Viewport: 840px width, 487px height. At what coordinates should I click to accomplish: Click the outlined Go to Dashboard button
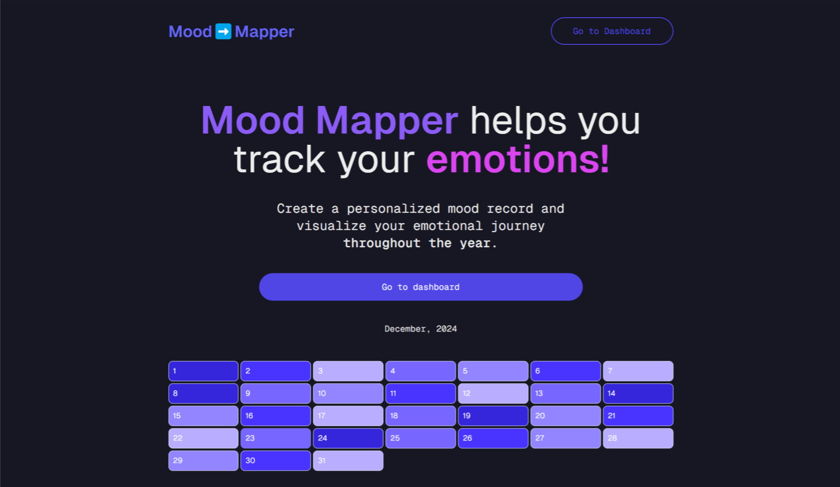611,31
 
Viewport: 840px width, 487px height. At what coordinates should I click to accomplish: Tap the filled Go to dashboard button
420,287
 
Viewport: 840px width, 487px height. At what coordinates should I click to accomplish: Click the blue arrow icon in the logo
223,31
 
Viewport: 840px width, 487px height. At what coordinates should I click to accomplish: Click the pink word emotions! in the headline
518,160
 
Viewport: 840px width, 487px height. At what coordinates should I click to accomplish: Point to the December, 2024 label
420,329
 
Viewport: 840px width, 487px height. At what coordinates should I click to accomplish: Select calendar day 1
203,371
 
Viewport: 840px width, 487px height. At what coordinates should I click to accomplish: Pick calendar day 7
638,371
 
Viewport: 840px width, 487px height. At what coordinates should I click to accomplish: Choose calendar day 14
638,394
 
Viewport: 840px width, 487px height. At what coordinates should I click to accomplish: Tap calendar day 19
493,416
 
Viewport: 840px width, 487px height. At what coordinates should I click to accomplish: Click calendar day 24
348,438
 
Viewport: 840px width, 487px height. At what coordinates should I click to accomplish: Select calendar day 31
348,461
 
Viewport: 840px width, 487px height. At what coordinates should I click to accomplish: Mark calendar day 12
493,394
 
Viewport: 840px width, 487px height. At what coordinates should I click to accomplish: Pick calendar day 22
203,438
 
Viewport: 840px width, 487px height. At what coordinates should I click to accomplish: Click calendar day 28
638,438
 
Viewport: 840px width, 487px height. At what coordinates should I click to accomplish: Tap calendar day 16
276,416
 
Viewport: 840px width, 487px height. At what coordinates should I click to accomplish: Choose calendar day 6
565,371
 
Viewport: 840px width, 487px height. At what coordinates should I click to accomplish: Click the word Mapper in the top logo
264,32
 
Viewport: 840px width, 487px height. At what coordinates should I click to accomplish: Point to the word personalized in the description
393,209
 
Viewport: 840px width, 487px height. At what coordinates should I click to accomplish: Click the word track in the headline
279,160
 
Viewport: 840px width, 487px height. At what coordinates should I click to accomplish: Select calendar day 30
276,461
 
